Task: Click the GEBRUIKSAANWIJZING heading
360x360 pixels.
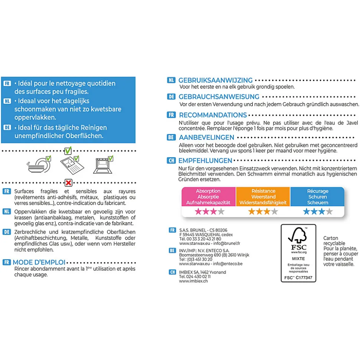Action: (x=215, y=80)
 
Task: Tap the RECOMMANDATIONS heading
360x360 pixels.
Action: (x=213, y=115)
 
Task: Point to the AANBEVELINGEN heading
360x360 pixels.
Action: (x=206, y=138)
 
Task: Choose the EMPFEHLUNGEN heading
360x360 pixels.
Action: (x=205, y=161)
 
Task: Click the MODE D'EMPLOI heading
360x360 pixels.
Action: (x=39, y=262)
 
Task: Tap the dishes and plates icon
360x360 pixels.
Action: (x=38, y=165)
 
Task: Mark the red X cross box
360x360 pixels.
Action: (x=68, y=182)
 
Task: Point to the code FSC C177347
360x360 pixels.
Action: (x=298, y=277)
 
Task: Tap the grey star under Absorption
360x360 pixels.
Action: (x=221, y=212)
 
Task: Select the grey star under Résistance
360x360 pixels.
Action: (x=274, y=212)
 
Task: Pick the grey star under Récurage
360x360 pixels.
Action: (x=329, y=212)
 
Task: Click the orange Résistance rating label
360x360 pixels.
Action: (x=263, y=197)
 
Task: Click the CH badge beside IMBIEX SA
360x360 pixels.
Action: (x=172, y=273)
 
